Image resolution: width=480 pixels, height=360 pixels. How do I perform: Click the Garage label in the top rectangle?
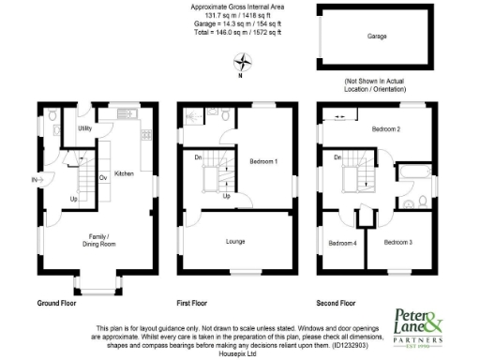tap(377, 37)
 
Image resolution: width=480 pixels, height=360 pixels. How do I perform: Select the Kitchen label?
tap(125, 174)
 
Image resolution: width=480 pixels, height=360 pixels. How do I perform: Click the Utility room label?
tap(84, 127)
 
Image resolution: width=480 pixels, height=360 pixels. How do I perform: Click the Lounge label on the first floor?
tap(235, 241)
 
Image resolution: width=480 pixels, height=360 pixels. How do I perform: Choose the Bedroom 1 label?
tap(263, 161)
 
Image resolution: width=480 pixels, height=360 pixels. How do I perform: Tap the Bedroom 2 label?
tap(385, 128)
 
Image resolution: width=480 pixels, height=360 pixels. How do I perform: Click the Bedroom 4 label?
tap(342, 243)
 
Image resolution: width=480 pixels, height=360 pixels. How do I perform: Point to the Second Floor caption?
tap(337, 304)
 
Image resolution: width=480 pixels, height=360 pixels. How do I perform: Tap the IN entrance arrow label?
tap(35, 179)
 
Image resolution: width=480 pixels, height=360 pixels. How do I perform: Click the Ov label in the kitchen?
tap(102, 176)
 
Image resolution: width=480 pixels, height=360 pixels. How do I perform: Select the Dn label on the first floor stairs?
tap(197, 157)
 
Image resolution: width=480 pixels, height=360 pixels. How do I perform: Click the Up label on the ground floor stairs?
tap(73, 199)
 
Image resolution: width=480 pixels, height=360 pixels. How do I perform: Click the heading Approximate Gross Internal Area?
tap(237, 7)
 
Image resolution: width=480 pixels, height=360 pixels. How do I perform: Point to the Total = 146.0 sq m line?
tap(237, 33)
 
